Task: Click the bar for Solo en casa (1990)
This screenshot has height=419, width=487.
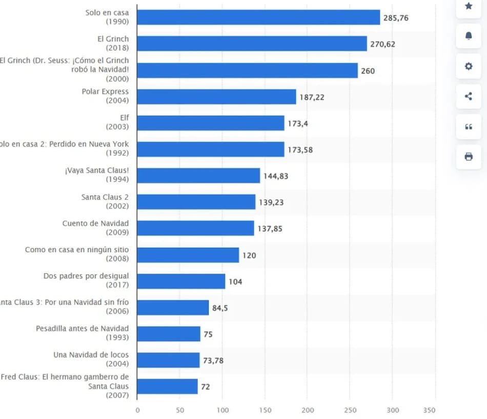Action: tap(258, 17)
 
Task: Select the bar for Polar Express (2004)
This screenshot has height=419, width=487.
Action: tap(216, 96)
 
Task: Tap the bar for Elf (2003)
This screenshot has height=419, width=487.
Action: tap(211, 123)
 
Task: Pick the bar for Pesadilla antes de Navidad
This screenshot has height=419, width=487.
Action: tap(169, 334)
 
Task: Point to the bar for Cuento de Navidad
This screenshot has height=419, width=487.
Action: tap(195, 228)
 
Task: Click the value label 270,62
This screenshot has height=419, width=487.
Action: tap(382, 44)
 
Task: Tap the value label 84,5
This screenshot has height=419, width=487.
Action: tap(220, 308)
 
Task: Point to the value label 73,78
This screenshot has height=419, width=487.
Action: tap(213, 361)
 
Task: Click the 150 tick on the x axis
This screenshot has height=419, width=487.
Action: tap(265, 410)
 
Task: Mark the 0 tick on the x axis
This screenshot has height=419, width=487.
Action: tap(137, 410)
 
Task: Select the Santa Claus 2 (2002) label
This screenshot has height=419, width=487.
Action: tap(105, 201)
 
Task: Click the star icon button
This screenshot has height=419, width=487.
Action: tap(469, 6)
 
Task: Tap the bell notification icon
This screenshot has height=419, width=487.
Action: tap(469, 35)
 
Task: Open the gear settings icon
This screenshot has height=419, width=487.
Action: tap(469, 66)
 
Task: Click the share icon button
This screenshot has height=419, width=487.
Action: tap(469, 96)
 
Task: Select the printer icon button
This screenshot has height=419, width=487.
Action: tap(469, 156)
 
